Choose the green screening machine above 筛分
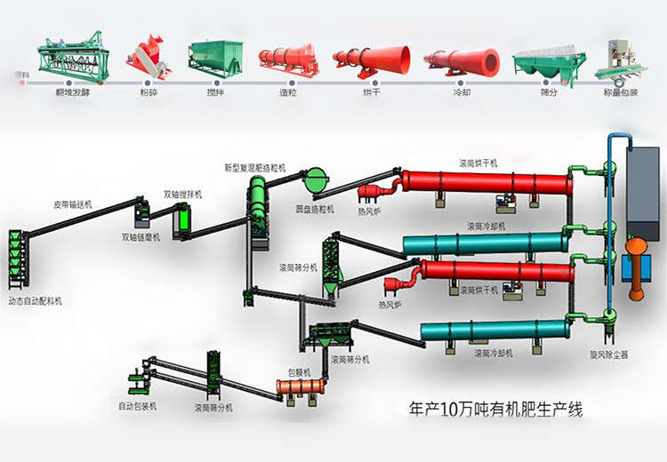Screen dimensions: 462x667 [549, 61]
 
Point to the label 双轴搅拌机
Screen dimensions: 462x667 [185, 194]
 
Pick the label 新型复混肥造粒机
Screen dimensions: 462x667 [256, 167]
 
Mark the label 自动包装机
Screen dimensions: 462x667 [138, 406]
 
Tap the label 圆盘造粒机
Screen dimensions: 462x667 [315, 210]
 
